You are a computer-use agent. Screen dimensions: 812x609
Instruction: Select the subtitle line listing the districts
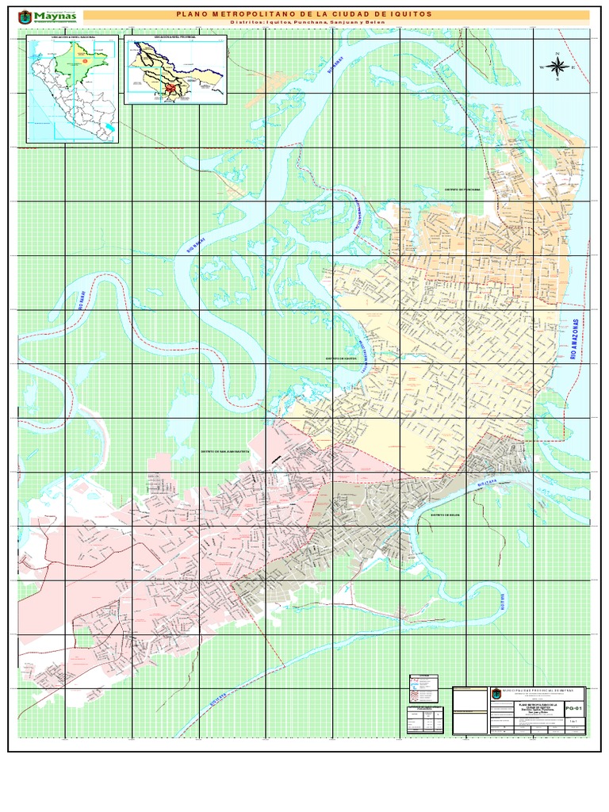coord(336,24)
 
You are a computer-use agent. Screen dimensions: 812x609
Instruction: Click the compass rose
coord(557,67)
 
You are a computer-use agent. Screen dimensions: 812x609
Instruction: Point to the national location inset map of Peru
coord(72,88)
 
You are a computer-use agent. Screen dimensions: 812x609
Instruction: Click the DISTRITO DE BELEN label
coord(446,514)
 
